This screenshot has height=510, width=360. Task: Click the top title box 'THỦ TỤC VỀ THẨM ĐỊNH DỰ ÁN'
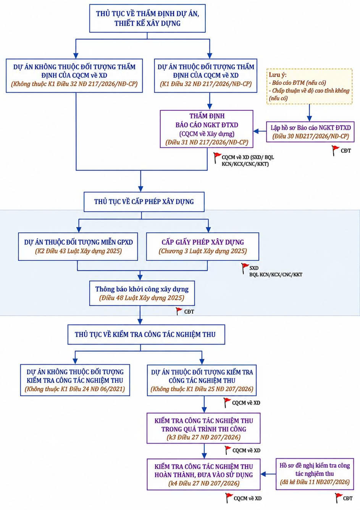click(147, 18)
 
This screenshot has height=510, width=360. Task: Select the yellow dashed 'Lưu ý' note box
click(310, 87)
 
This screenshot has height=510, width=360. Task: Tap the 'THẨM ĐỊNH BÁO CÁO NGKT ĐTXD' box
click(207, 129)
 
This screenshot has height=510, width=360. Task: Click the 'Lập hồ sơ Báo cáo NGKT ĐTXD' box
click(310, 132)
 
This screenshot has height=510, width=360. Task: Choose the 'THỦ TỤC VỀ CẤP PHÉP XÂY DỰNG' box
click(144, 202)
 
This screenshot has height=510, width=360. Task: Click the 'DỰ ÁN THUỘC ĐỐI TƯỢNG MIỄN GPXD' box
click(78, 247)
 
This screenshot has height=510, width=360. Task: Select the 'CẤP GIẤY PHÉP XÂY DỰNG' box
click(202, 247)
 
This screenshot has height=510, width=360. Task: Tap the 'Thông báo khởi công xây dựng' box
click(142, 293)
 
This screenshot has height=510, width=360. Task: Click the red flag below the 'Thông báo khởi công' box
click(179, 311)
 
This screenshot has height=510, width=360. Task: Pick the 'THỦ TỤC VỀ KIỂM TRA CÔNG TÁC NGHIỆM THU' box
click(146, 334)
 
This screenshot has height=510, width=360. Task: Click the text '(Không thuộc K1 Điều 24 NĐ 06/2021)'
click(75, 389)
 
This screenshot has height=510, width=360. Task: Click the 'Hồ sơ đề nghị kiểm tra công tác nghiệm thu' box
click(315, 474)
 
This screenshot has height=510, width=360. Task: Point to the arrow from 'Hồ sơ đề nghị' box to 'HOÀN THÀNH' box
click(268, 474)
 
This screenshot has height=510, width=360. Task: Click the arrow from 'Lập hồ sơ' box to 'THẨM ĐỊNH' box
click(260, 131)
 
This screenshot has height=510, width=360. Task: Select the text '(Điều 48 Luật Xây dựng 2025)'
click(142, 298)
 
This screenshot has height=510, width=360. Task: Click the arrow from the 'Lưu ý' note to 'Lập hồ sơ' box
click(309, 113)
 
